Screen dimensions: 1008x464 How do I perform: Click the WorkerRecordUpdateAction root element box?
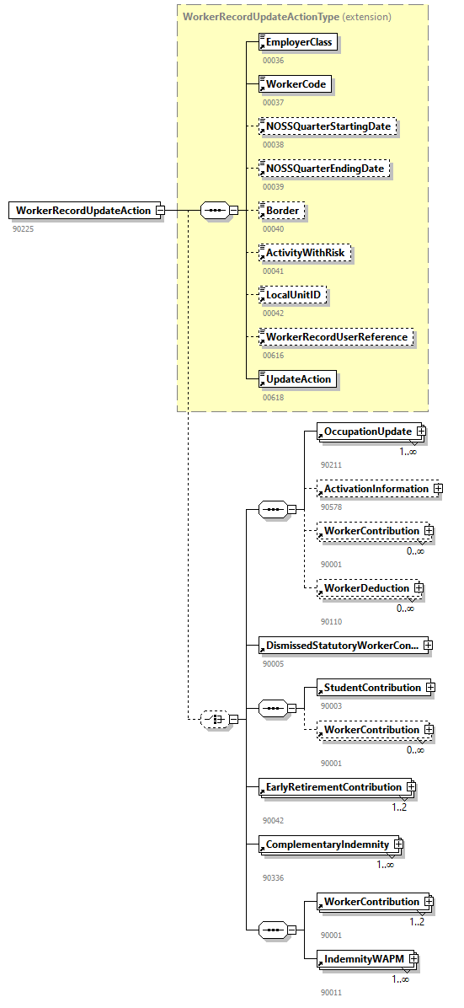[x=83, y=211]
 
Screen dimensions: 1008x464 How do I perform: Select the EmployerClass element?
[x=299, y=42]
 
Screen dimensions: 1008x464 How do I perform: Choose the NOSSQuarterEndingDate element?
[x=325, y=169]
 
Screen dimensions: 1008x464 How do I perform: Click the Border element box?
[x=282, y=211]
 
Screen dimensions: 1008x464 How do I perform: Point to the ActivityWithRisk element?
[x=305, y=253]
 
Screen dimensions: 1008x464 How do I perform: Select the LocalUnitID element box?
[x=294, y=295]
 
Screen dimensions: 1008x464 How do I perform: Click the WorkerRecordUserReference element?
[x=336, y=337]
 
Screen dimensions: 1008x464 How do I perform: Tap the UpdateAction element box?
[x=298, y=379]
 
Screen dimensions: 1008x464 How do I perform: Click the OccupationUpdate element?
[x=368, y=432]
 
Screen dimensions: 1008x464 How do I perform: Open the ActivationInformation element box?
[x=376, y=489]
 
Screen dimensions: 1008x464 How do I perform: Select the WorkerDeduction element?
[x=366, y=587]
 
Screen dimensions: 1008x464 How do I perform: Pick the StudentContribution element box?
[x=372, y=688]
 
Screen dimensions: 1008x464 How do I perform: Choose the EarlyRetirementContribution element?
[x=333, y=787]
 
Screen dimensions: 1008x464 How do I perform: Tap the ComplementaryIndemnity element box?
[x=328, y=844]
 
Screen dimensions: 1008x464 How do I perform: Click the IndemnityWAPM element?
[x=362, y=959]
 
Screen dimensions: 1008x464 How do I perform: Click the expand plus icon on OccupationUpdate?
[x=421, y=432]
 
